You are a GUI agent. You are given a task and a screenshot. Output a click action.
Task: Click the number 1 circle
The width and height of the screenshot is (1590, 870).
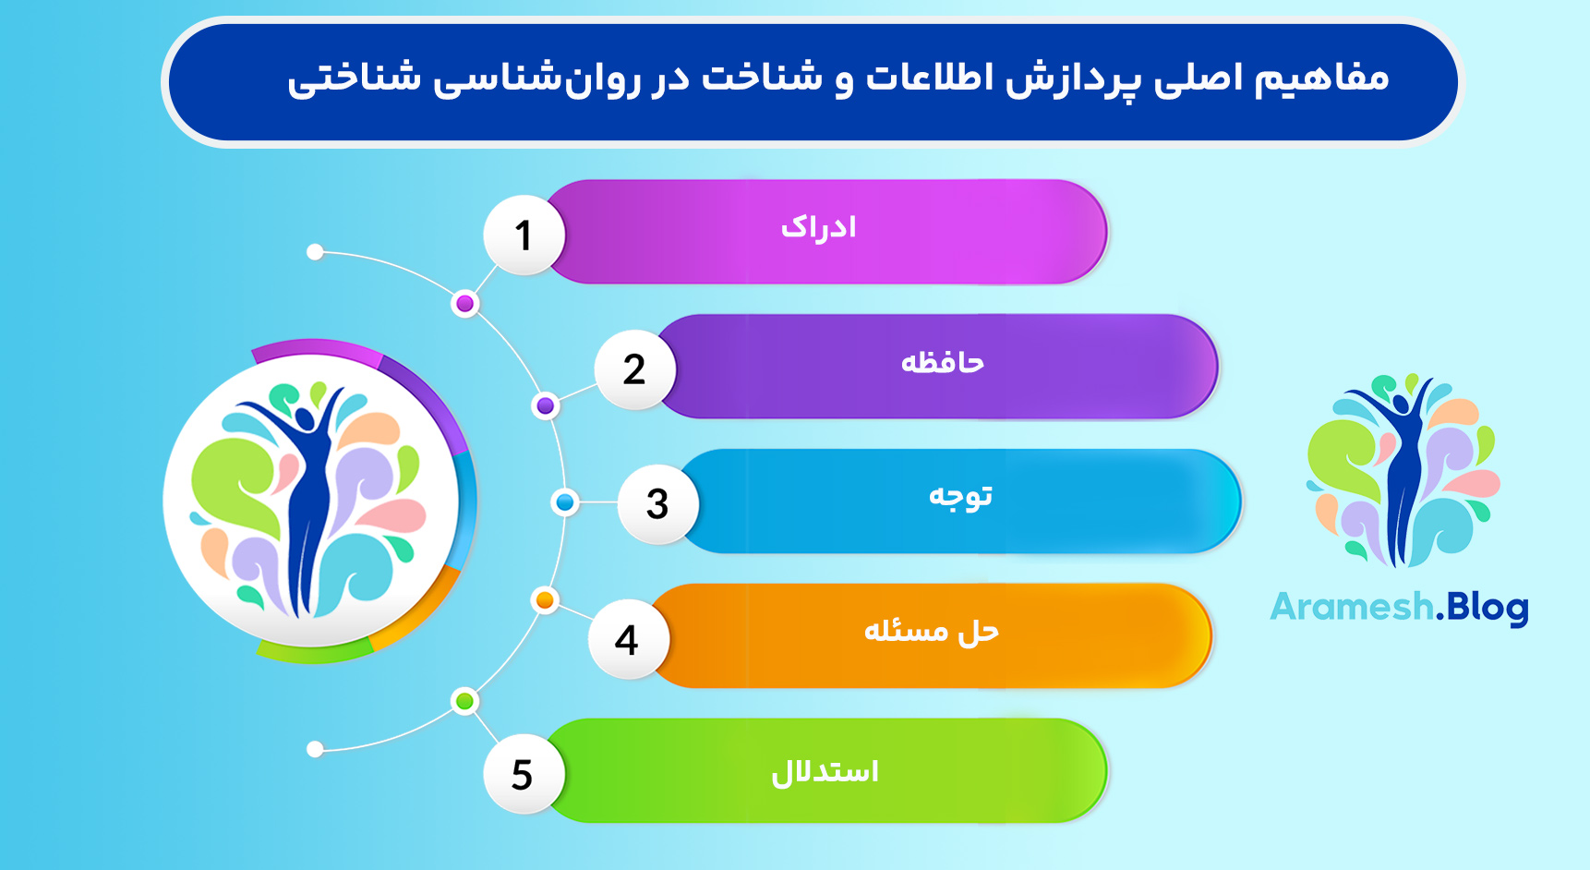coord(524,235)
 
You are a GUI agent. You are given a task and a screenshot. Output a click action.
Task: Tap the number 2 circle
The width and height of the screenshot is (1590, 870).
coord(634,369)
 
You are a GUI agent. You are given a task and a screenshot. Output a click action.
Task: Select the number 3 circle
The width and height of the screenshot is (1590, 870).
coord(657,504)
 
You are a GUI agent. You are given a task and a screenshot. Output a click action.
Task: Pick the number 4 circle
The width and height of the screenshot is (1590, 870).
coord(627,639)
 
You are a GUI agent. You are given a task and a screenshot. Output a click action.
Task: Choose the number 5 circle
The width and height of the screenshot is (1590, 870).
coord(523,774)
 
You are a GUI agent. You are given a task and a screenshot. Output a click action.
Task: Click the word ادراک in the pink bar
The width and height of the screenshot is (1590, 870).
coord(819,227)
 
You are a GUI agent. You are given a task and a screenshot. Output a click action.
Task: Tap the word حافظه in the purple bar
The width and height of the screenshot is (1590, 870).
coord(943,362)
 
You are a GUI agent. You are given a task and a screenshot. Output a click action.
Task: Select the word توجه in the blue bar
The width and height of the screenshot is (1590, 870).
coord(960,496)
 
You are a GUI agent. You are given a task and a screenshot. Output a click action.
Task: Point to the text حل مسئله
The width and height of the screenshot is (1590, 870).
coord(931,631)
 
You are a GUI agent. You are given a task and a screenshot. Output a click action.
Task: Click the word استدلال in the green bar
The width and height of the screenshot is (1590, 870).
coord(825,771)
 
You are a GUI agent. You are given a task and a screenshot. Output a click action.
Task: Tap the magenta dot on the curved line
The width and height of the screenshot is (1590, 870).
coord(465,304)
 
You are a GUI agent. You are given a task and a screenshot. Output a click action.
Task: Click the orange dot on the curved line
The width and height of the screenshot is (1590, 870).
coord(545,600)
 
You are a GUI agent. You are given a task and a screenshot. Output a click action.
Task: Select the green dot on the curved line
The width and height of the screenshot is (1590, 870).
coord(465,701)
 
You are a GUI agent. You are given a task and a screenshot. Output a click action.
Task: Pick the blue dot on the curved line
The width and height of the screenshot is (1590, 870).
coord(565,502)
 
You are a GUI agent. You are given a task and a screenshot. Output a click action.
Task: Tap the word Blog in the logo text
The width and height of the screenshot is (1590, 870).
coord(1488,607)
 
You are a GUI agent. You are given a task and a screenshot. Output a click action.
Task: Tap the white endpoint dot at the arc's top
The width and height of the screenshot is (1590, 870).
coord(315,252)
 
